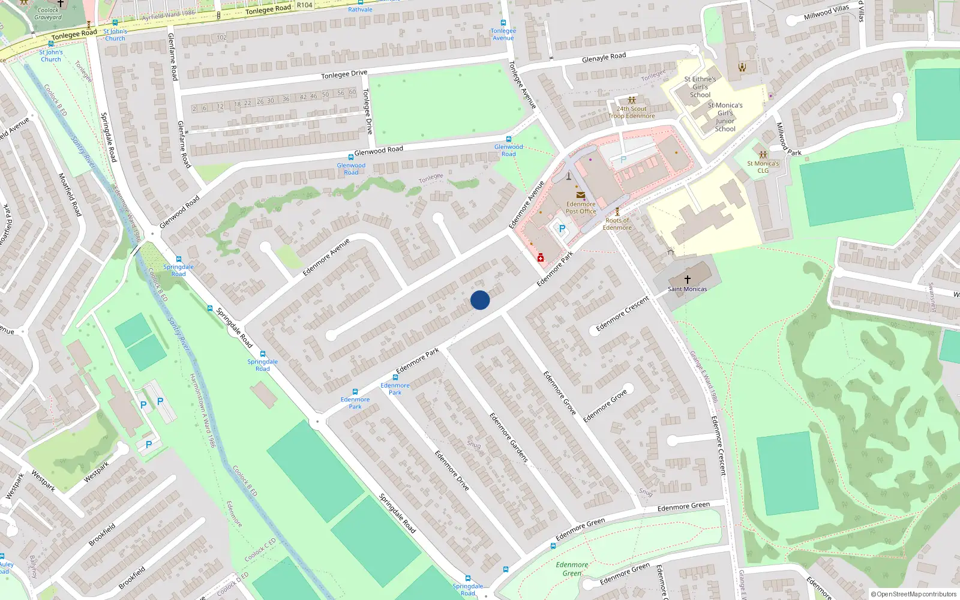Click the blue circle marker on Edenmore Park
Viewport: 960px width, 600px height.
pos(480,300)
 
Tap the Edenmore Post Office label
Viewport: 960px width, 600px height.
pos(581,208)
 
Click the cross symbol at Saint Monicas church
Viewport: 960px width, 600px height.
pos(688,280)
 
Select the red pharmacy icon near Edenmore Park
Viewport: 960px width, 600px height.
pos(541,258)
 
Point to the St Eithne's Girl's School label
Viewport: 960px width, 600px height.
pos(700,87)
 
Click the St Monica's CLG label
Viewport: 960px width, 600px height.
pos(763,167)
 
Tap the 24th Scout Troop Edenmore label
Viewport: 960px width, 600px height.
pos(631,113)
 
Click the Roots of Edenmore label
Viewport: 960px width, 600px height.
pos(617,224)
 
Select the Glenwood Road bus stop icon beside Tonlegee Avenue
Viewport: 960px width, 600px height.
pos(509,139)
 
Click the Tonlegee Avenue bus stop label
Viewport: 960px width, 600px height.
pos(503,34)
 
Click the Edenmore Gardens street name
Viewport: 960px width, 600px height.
pos(509,437)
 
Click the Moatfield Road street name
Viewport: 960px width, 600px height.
pos(70,194)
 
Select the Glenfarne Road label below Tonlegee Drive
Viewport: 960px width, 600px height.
pos(184,144)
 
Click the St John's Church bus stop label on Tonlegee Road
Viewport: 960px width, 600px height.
pos(115,35)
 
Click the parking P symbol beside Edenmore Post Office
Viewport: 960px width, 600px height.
pos(562,229)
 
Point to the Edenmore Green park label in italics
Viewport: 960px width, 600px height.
pos(572,569)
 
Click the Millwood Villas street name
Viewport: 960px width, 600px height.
pos(826,12)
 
